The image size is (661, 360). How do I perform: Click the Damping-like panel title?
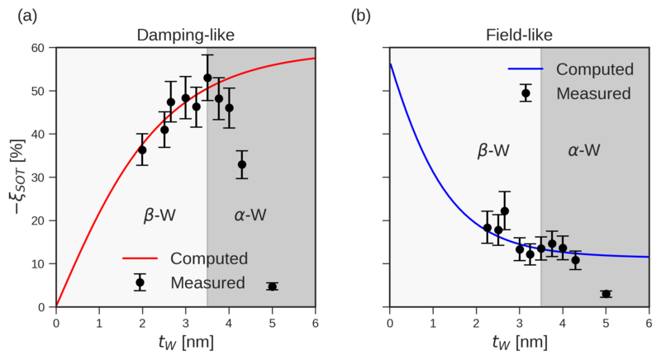(x=185, y=36)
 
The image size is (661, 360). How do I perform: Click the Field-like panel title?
(x=518, y=36)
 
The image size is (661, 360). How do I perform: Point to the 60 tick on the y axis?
(x=40, y=48)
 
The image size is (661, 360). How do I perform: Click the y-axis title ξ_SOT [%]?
(x=14, y=177)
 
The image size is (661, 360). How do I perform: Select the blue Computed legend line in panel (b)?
(x=525, y=69)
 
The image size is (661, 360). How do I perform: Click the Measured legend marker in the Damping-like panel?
(x=140, y=282)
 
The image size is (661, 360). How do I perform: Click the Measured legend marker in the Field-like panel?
(x=525, y=92)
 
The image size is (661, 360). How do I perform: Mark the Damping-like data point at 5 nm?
(x=272, y=287)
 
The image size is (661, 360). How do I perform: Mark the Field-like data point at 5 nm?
(x=606, y=294)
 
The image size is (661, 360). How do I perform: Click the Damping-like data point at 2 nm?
(x=142, y=149)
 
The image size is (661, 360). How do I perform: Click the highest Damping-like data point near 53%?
(x=207, y=78)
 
